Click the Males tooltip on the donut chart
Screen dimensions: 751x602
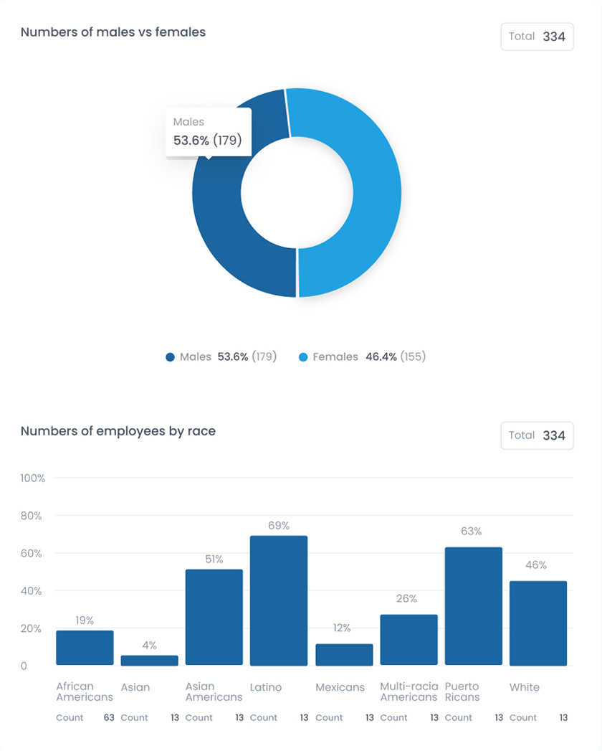[209, 132]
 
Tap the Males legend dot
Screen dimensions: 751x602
[170, 357]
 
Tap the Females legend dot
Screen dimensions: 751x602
[302, 357]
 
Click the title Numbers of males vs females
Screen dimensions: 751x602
[113, 32]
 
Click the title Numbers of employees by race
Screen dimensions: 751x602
[118, 431]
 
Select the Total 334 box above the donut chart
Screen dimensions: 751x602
[537, 37]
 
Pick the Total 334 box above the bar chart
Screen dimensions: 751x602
[537, 435]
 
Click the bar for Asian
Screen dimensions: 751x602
[149, 661]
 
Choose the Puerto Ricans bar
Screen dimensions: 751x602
[473, 606]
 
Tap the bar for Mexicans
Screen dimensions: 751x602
[344, 655]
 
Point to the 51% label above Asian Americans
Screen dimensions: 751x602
[214, 559]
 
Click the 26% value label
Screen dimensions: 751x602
[407, 599]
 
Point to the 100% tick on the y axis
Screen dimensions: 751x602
[33, 478]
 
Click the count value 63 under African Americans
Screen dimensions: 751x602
[109, 717]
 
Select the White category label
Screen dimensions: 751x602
[525, 687]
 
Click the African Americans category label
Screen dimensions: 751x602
[85, 691]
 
